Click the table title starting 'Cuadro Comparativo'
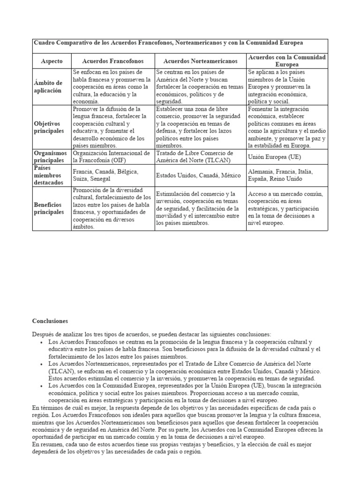(168, 43)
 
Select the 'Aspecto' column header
(52, 61)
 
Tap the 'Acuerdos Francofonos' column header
(112, 61)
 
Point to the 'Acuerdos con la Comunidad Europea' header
(286, 60)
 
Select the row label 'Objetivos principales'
(49, 127)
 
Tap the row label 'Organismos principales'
(51, 157)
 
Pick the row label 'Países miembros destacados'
(48, 175)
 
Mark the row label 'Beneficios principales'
(49, 208)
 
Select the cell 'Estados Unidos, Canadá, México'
(198, 175)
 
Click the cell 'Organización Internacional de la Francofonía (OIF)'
(112, 157)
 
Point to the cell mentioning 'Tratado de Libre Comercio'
(194, 157)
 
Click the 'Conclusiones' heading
(50, 321)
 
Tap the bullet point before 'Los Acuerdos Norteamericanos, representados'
(43, 364)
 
